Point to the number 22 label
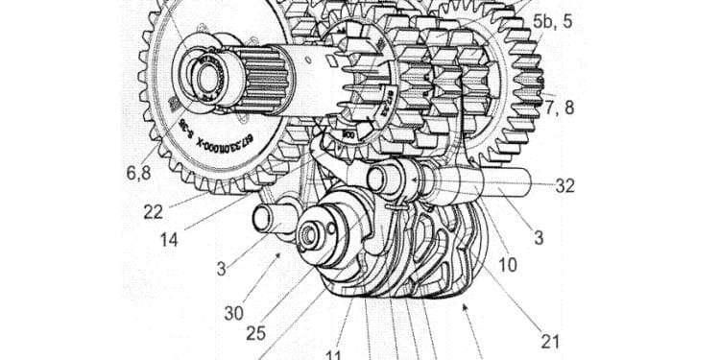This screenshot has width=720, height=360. point(153,212)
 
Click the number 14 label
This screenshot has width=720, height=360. point(168,239)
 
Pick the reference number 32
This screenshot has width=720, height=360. point(565,186)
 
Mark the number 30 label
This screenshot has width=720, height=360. point(233,312)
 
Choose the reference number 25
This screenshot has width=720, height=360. point(255,333)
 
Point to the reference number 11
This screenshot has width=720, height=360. point(333,355)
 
